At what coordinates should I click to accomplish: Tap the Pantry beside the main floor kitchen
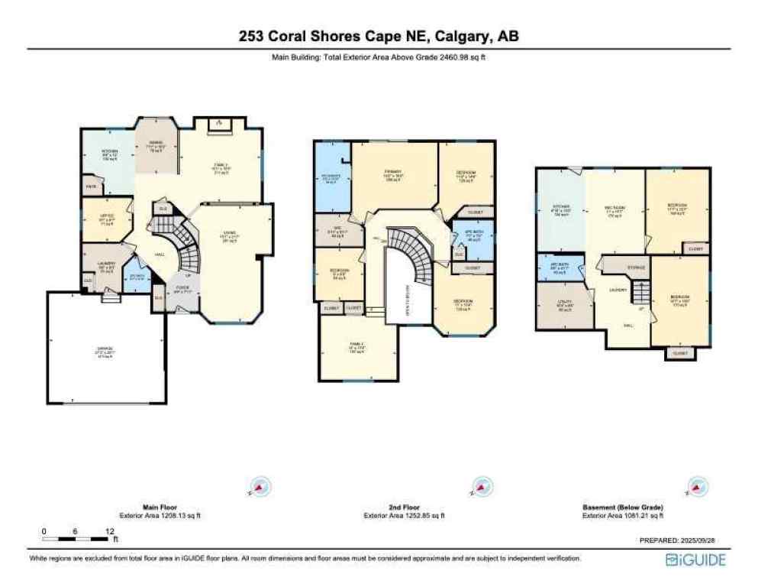tap(90, 186)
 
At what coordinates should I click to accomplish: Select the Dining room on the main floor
tap(156, 148)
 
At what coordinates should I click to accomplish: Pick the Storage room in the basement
tap(636, 268)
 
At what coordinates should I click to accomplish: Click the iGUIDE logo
tap(695, 559)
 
